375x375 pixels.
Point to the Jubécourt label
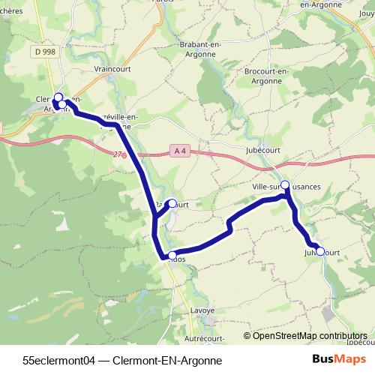pyautogui.click(x=262, y=149)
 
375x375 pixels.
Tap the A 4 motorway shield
pyautogui.click(x=178, y=151)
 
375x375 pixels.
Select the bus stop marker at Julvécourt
pyautogui.click(x=320, y=251)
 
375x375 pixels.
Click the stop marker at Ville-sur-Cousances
pyautogui.click(x=285, y=184)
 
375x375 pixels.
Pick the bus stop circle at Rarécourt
pyautogui.click(x=172, y=203)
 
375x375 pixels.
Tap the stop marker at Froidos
pyautogui.click(x=172, y=256)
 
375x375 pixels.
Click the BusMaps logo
pyautogui.click(x=338, y=359)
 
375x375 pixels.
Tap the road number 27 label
pyautogui.click(x=117, y=154)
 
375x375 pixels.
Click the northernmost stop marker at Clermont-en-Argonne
pyautogui.click(x=58, y=97)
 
